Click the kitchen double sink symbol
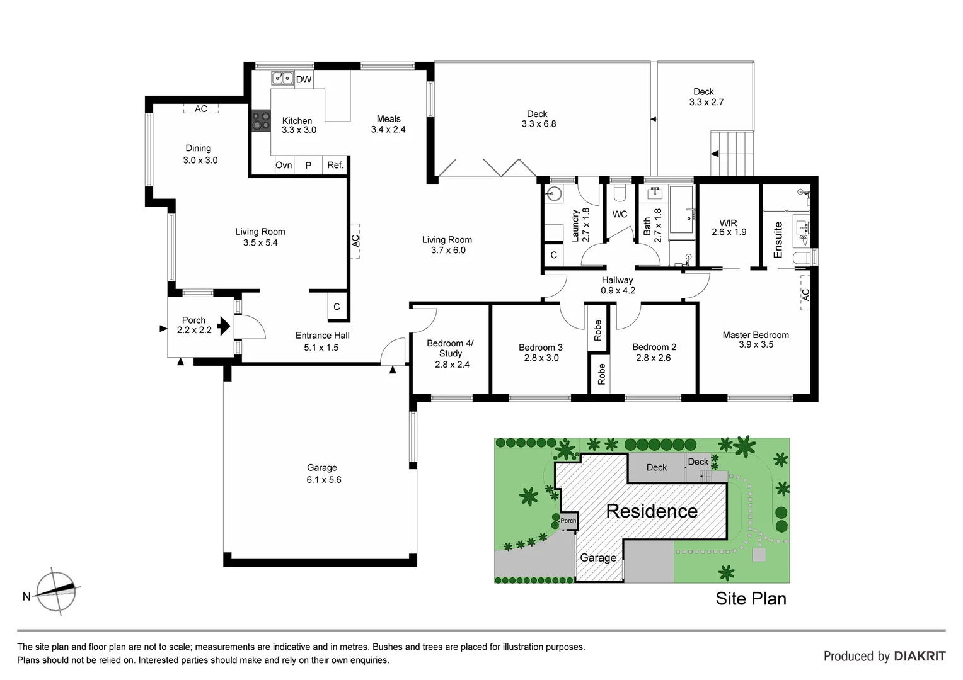tap(282, 78)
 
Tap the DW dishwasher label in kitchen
tap(304, 79)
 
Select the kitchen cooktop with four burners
tap(260, 120)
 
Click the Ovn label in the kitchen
tap(284, 165)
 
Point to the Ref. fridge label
tap(335, 165)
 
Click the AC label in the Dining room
tap(200, 109)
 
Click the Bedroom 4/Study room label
tap(450, 348)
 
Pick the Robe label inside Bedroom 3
tap(597, 330)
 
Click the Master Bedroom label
tap(756, 335)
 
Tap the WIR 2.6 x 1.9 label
tap(729, 227)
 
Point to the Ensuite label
tap(778, 240)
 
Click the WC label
tap(620, 214)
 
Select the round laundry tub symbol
tap(555, 194)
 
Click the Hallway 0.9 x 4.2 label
tap(617, 285)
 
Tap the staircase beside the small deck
tap(732, 154)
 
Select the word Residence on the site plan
tap(652, 511)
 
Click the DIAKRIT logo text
tap(920, 656)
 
